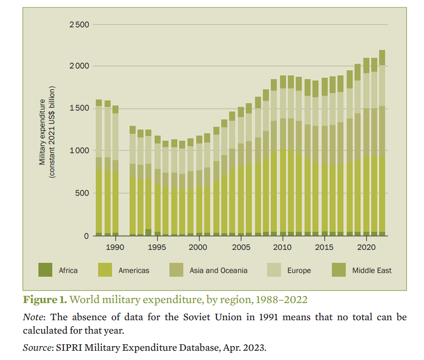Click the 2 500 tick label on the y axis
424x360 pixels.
pos(79,25)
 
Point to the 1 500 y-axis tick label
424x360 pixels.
pos(79,108)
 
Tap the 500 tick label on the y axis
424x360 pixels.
pos(82,193)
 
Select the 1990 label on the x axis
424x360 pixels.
pos(115,247)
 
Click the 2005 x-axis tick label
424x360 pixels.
pos(241,247)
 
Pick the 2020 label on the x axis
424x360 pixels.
pos(367,247)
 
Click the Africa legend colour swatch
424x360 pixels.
pos(45,270)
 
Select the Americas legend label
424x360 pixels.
pos(134,270)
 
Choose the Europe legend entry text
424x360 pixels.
pos(299,270)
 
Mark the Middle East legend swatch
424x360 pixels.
pos(339,270)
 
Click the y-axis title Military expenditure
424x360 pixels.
pos(43,132)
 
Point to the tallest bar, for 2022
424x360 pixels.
pos(382,143)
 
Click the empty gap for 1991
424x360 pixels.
pos(124,185)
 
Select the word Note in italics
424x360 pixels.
pos(34,317)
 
